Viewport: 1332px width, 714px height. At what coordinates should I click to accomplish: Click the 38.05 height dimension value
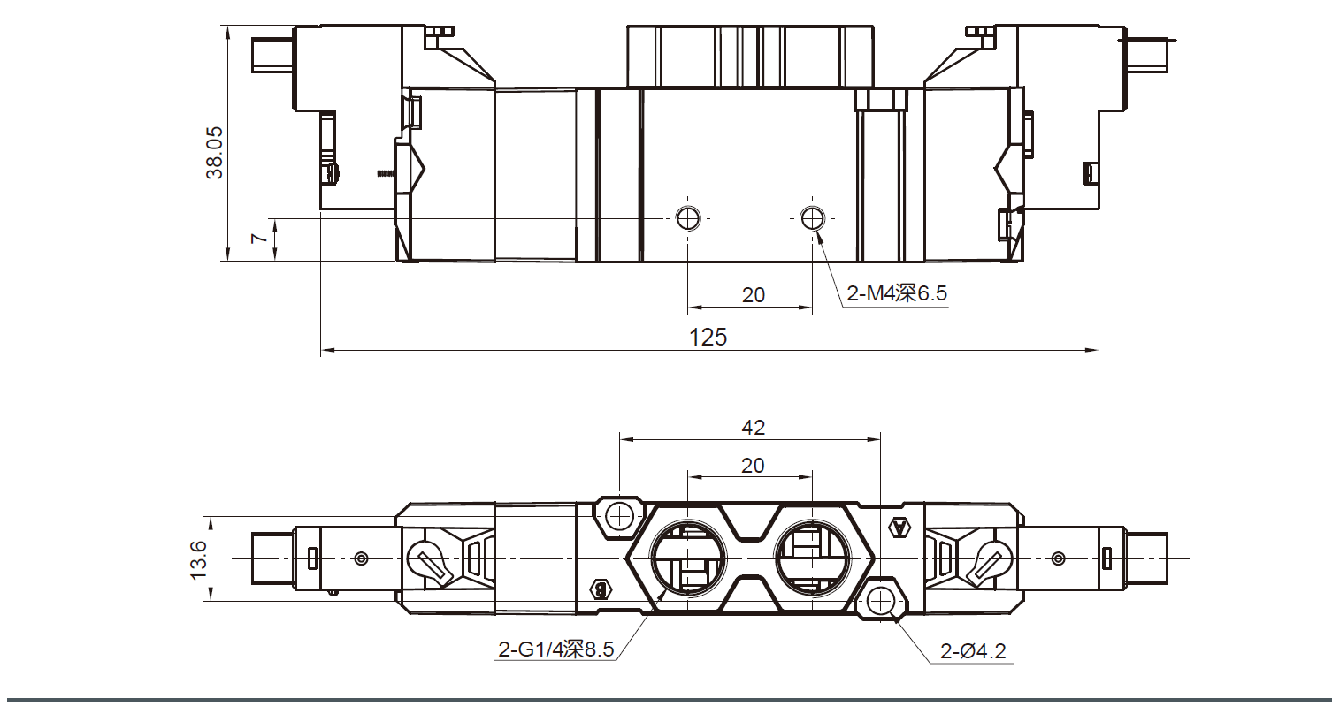pos(215,153)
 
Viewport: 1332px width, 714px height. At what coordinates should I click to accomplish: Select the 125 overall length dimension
pos(708,337)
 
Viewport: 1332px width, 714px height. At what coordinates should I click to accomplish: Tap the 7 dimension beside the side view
pos(256,239)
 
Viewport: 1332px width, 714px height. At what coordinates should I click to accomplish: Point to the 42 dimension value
pos(753,428)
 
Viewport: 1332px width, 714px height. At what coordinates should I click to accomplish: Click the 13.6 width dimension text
pos(198,559)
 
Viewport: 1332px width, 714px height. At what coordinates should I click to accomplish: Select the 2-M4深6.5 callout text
pos(896,293)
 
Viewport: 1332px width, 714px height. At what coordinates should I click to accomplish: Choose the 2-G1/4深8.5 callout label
pos(555,650)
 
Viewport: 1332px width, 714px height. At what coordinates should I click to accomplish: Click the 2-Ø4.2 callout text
pos(973,652)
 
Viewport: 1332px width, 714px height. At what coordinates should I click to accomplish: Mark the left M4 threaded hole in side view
pos(688,217)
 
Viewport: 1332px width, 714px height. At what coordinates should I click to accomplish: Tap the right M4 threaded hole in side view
pos(812,217)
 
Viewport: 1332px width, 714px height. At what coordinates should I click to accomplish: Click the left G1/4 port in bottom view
pos(687,558)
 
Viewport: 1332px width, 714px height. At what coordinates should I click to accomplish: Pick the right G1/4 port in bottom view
pos(811,558)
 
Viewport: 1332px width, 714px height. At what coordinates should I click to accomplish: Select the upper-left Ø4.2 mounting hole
pos(621,516)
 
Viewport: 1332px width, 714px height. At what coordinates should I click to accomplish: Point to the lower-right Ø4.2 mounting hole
pos(881,601)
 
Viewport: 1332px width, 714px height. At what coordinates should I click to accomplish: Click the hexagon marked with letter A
pos(899,528)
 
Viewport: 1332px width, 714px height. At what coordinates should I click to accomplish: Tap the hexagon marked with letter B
pos(601,589)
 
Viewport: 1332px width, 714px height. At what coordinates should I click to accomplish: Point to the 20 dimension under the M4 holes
pos(754,295)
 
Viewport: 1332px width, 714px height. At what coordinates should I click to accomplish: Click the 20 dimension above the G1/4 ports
pos(753,466)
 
